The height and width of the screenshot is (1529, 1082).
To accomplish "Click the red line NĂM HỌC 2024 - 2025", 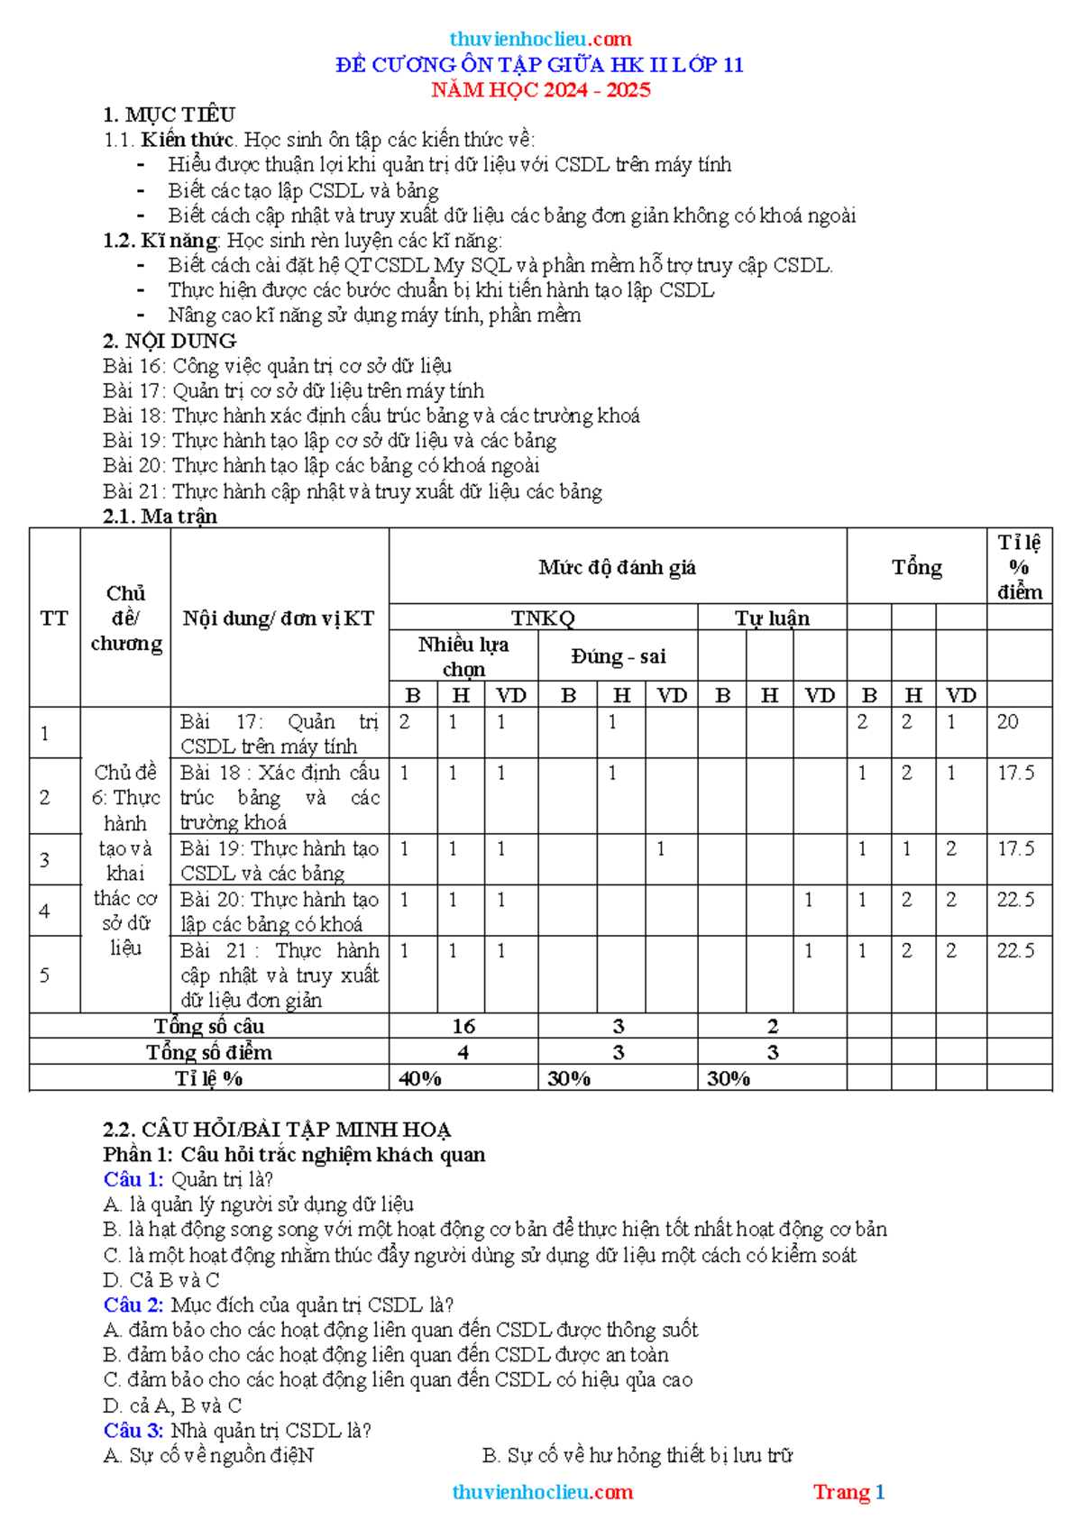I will pyautogui.click(x=540, y=90).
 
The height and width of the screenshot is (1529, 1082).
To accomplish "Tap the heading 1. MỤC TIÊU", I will pyautogui.click(x=169, y=114).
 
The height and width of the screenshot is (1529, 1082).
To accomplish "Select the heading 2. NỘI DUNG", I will pyautogui.click(x=170, y=341).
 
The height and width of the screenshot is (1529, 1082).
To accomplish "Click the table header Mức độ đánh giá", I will pyautogui.click(x=617, y=567).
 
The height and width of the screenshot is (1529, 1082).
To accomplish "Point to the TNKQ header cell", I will pyautogui.click(x=543, y=618).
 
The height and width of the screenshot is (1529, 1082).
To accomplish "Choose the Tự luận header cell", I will pyautogui.click(x=772, y=618).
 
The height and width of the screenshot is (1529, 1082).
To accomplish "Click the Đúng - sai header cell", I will pyautogui.click(x=618, y=656).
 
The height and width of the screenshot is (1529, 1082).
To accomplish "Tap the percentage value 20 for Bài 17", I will pyautogui.click(x=1007, y=722).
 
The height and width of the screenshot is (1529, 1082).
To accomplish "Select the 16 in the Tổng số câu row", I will pyautogui.click(x=463, y=1026).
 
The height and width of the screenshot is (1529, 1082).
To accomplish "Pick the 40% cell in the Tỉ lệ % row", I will pyautogui.click(x=420, y=1078).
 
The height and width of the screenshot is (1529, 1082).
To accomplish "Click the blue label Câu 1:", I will pyautogui.click(x=133, y=1179).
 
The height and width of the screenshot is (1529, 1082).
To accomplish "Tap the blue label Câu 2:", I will pyautogui.click(x=133, y=1305).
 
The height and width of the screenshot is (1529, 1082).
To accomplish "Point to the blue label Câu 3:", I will pyautogui.click(x=133, y=1430).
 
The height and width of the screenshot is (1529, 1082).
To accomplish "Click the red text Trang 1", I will pyautogui.click(x=848, y=1492).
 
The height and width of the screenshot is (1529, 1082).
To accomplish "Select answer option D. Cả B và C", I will pyautogui.click(x=161, y=1280).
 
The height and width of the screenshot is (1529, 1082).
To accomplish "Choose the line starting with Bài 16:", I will pyautogui.click(x=277, y=366).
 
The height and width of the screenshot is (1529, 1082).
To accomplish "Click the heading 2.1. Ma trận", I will pyautogui.click(x=160, y=517).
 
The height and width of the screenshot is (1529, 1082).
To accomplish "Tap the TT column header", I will pyautogui.click(x=54, y=618).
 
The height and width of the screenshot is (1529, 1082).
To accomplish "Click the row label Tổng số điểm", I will pyautogui.click(x=209, y=1052).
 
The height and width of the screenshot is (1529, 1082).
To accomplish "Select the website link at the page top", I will pyautogui.click(x=540, y=39).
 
